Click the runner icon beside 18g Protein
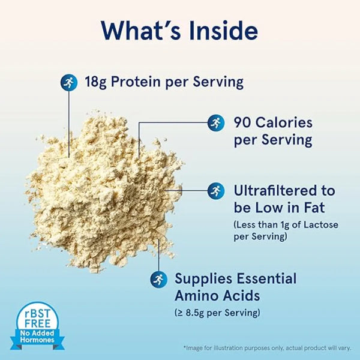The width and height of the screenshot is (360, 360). pyautogui.click(x=68, y=81)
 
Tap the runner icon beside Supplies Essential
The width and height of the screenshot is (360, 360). pyautogui.click(x=158, y=278)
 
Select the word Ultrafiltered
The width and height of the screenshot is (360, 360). pyautogui.click(x=284, y=191)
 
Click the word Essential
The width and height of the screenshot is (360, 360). pyautogui.click(x=264, y=278)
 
